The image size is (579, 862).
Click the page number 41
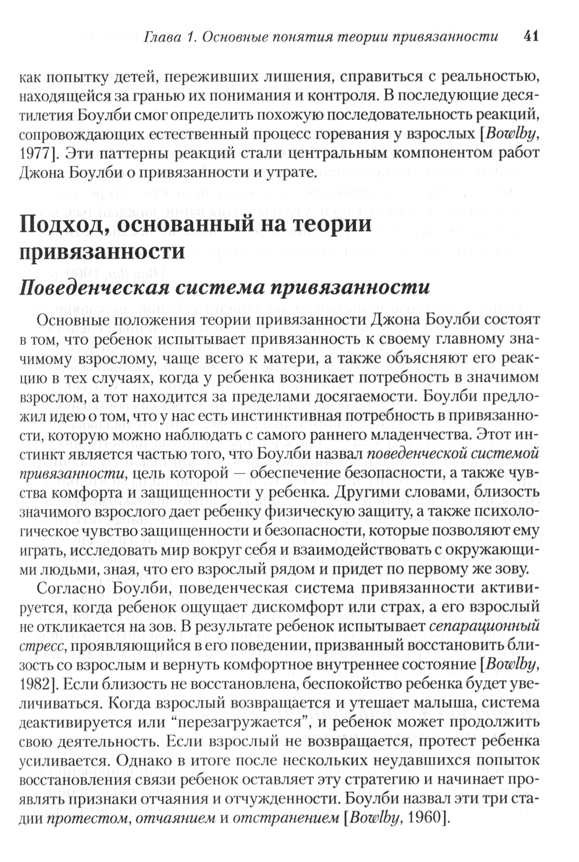531,36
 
